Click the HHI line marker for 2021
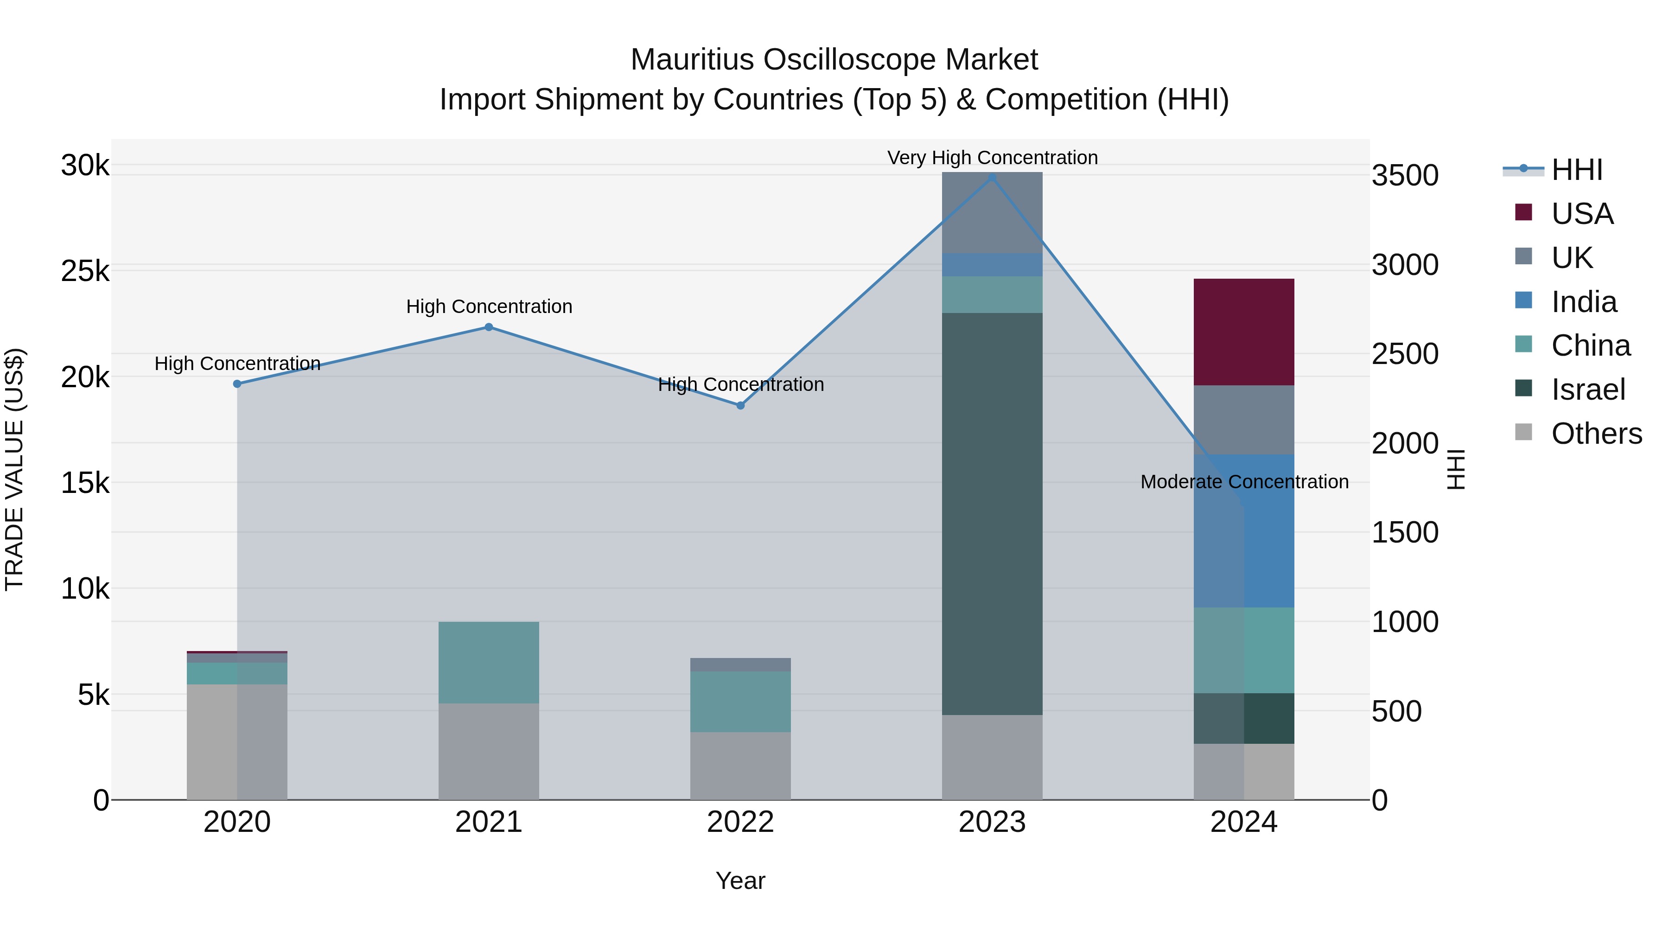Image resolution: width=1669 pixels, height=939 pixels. click(x=489, y=327)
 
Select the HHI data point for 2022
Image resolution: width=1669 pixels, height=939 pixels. click(x=740, y=406)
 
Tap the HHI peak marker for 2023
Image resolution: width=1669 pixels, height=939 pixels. click(x=992, y=177)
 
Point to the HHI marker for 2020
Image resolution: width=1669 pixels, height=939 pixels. click(x=237, y=383)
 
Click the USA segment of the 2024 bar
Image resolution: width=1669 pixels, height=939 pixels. click(x=1243, y=332)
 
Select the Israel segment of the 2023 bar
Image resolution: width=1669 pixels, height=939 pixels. click(x=992, y=513)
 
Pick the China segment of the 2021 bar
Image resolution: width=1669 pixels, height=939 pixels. click(x=489, y=662)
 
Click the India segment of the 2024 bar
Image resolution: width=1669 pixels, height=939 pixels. click(x=1243, y=531)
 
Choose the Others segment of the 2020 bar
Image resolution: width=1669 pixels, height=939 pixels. click(x=237, y=741)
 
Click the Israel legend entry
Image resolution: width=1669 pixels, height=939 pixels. click(x=1588, y=390)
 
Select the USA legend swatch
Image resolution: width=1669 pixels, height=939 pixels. click(x=1524, y=212)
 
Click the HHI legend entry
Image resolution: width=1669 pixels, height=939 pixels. click(x=1576, y=170)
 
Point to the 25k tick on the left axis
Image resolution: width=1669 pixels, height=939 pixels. click(x=85, y=272)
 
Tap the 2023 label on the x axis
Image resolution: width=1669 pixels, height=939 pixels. click(x=992, y=822)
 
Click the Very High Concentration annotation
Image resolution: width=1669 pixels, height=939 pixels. click(x=992, y=158)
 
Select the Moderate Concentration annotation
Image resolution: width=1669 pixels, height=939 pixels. click(x=1244, y=481)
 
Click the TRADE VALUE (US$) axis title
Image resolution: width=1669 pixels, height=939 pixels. click(x=14, y=469)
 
